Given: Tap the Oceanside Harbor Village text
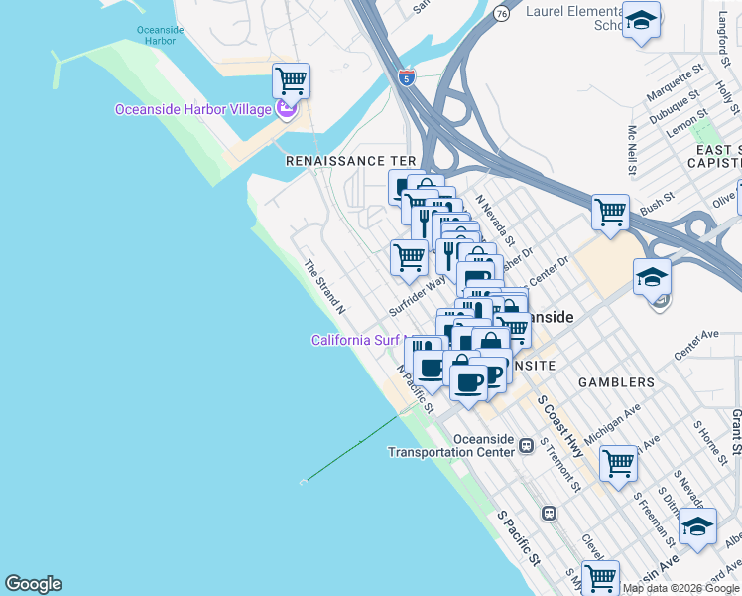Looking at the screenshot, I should click(x=193, y=109).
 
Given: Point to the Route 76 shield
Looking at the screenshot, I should click(x=502, y=13).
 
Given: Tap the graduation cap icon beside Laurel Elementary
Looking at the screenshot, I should click(x=642, y=21).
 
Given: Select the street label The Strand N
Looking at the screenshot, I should click(x=324, y=287).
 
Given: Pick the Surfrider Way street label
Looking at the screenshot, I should click(x=416, y=297).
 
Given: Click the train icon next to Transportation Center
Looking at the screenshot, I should click(x=536, y=451).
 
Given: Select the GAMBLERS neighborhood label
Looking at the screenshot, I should click(x=612, y=382).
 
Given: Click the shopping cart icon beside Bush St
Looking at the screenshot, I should click(x=610, y=211).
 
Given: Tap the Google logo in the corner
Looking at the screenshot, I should click(x=33, y=584).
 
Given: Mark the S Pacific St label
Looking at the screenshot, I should click(x=518, y=539).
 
